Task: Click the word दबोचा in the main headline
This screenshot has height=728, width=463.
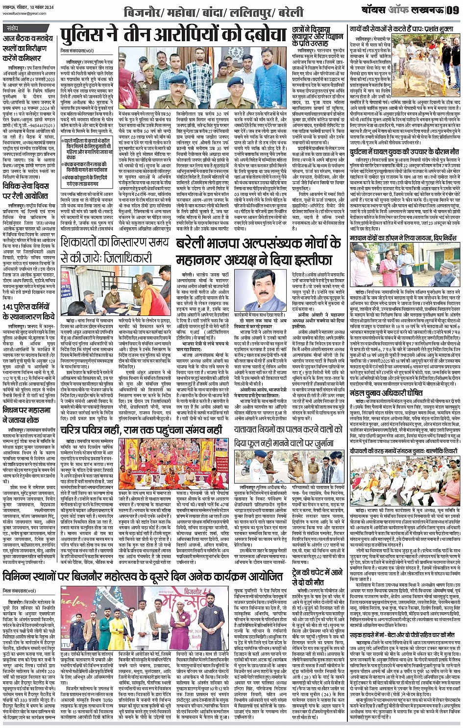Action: click(x=258, y=36)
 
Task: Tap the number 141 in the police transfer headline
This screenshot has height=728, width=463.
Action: click(x=8, y=307)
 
